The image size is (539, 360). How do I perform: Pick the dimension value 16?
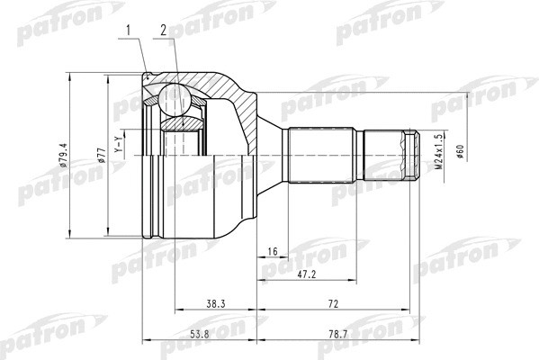(x=271, y=253)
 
